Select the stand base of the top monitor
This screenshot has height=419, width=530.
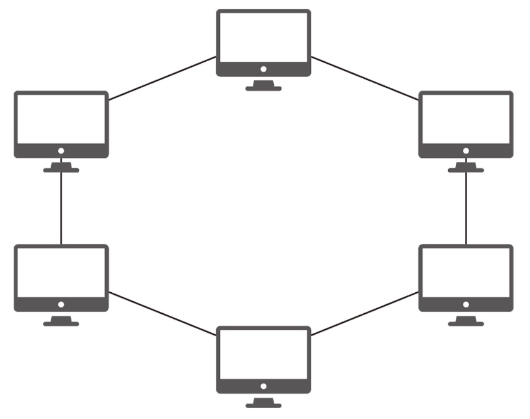tap(263, 88)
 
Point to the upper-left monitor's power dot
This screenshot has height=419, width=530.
tap(61, 151)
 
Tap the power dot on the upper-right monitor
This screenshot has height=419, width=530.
tap(466, 151)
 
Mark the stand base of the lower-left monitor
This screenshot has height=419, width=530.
tap(61, 323)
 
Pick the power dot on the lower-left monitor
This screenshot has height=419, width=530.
tap(61, 304)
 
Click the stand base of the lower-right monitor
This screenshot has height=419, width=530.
tap(466, 323)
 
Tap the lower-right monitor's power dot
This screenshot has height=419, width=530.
tap(466, 304)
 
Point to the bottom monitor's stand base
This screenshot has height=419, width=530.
tap(263, 405)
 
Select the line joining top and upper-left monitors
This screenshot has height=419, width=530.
tap(162, 78)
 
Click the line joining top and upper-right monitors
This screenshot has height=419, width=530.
tap(365, 78)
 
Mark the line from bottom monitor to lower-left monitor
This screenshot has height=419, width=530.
tap(162, 314)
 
